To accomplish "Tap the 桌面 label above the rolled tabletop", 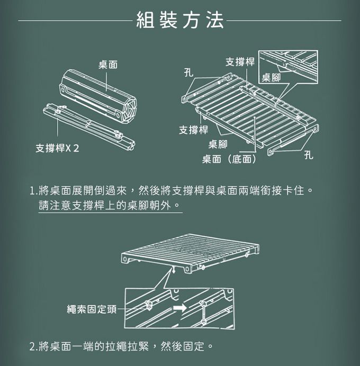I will click(x=107, y=65).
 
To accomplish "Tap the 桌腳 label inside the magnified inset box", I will click(x=271, y=78).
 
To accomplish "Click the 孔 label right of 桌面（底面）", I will click(x=309, y=157).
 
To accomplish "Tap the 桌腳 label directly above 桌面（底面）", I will click(x=218, y=144).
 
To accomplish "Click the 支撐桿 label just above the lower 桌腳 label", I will click(x=193, y=130).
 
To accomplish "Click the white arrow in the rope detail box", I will click(x=181, y=307).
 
